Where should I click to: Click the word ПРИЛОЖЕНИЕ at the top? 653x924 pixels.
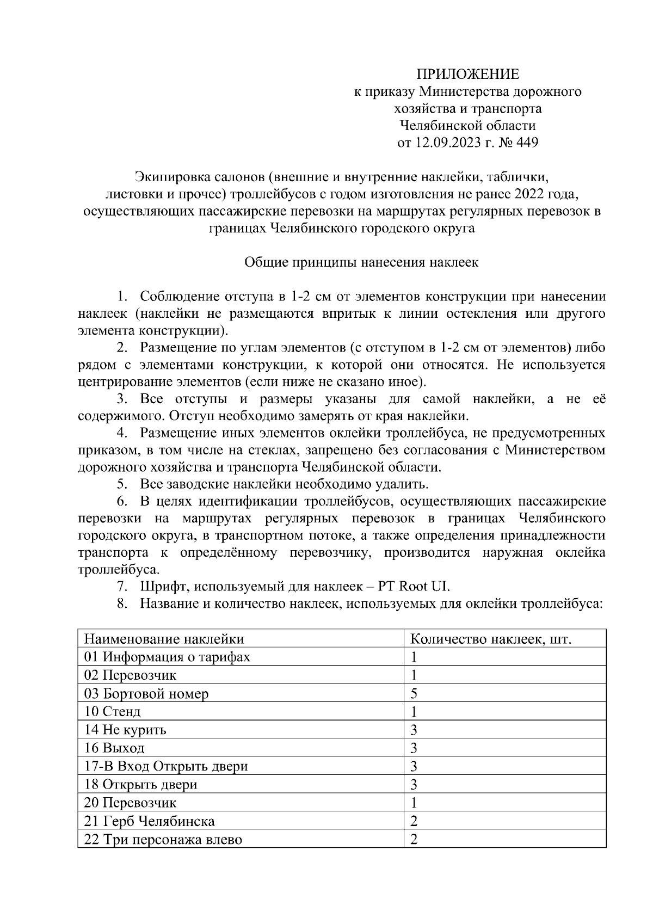(468, 74)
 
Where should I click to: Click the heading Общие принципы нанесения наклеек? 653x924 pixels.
(361, 262)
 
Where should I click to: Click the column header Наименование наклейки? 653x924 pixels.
(164, 639)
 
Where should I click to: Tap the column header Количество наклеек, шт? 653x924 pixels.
(490, 639)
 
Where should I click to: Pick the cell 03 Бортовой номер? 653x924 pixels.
(146, 694)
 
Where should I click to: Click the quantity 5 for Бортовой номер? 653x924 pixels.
(414, 694)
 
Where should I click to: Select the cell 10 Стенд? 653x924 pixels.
(113, 712)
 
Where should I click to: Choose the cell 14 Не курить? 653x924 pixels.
(126, 730)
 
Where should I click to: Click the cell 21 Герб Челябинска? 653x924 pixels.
(150, 821)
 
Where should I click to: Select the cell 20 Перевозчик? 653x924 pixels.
(131, 803)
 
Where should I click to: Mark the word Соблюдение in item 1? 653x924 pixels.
(179, 297)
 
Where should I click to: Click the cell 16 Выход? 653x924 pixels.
(115, 748)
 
